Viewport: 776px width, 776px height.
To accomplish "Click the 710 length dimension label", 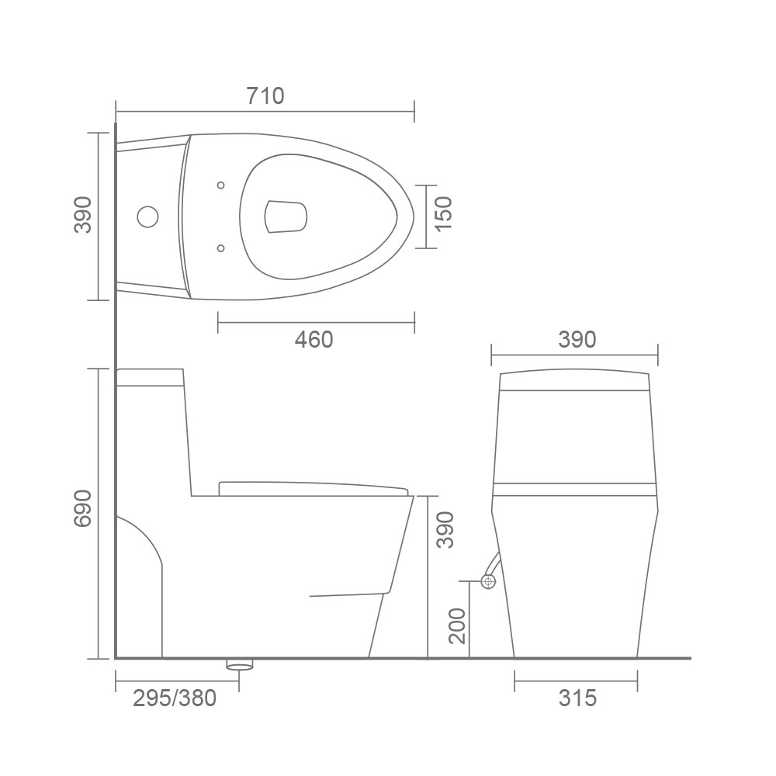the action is click(x=265, y=95).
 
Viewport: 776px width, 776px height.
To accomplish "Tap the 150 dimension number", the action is click(x=444, y=213).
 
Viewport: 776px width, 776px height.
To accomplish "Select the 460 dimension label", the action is click(x=314, y=340).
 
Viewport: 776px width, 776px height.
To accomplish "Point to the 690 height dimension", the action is click(x=83, y=508).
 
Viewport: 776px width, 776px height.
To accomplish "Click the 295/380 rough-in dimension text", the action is click(x=175, y=698).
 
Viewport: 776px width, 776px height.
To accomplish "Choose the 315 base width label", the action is click(x=577, y=698).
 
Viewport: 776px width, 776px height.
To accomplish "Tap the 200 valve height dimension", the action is click(x=458, y=626).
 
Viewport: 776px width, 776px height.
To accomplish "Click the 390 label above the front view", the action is click(x=577, y=340).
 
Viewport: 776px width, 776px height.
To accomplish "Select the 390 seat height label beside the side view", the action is click(x=445, y=530).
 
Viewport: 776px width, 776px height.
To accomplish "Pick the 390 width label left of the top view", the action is click(x=83, y=215).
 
